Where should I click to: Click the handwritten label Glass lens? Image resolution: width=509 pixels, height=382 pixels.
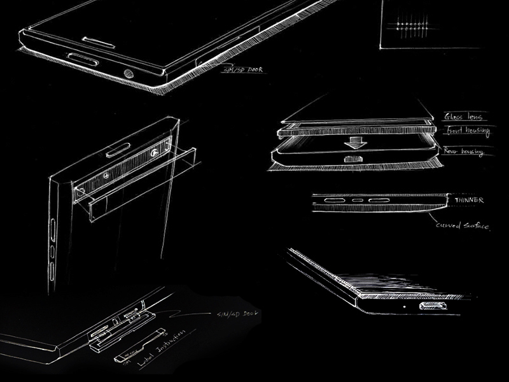(x=464, y=117)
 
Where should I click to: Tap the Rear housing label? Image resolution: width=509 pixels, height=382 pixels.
(x=465, y=152)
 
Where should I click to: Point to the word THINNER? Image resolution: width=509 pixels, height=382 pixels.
(x=469, y=201)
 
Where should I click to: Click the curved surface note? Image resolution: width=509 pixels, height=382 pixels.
(x=462, y=225)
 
